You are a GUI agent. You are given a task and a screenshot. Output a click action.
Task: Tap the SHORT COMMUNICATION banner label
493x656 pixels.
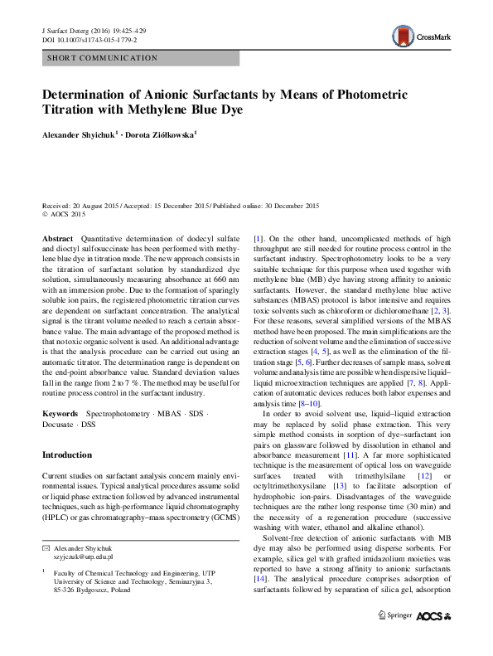point(103,58)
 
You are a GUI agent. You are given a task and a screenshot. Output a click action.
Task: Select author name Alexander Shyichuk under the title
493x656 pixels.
point(80,133)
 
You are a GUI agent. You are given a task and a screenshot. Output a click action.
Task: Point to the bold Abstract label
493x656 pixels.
point(57,238)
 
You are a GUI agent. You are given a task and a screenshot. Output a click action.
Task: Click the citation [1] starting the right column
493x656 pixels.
point(258,238)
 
